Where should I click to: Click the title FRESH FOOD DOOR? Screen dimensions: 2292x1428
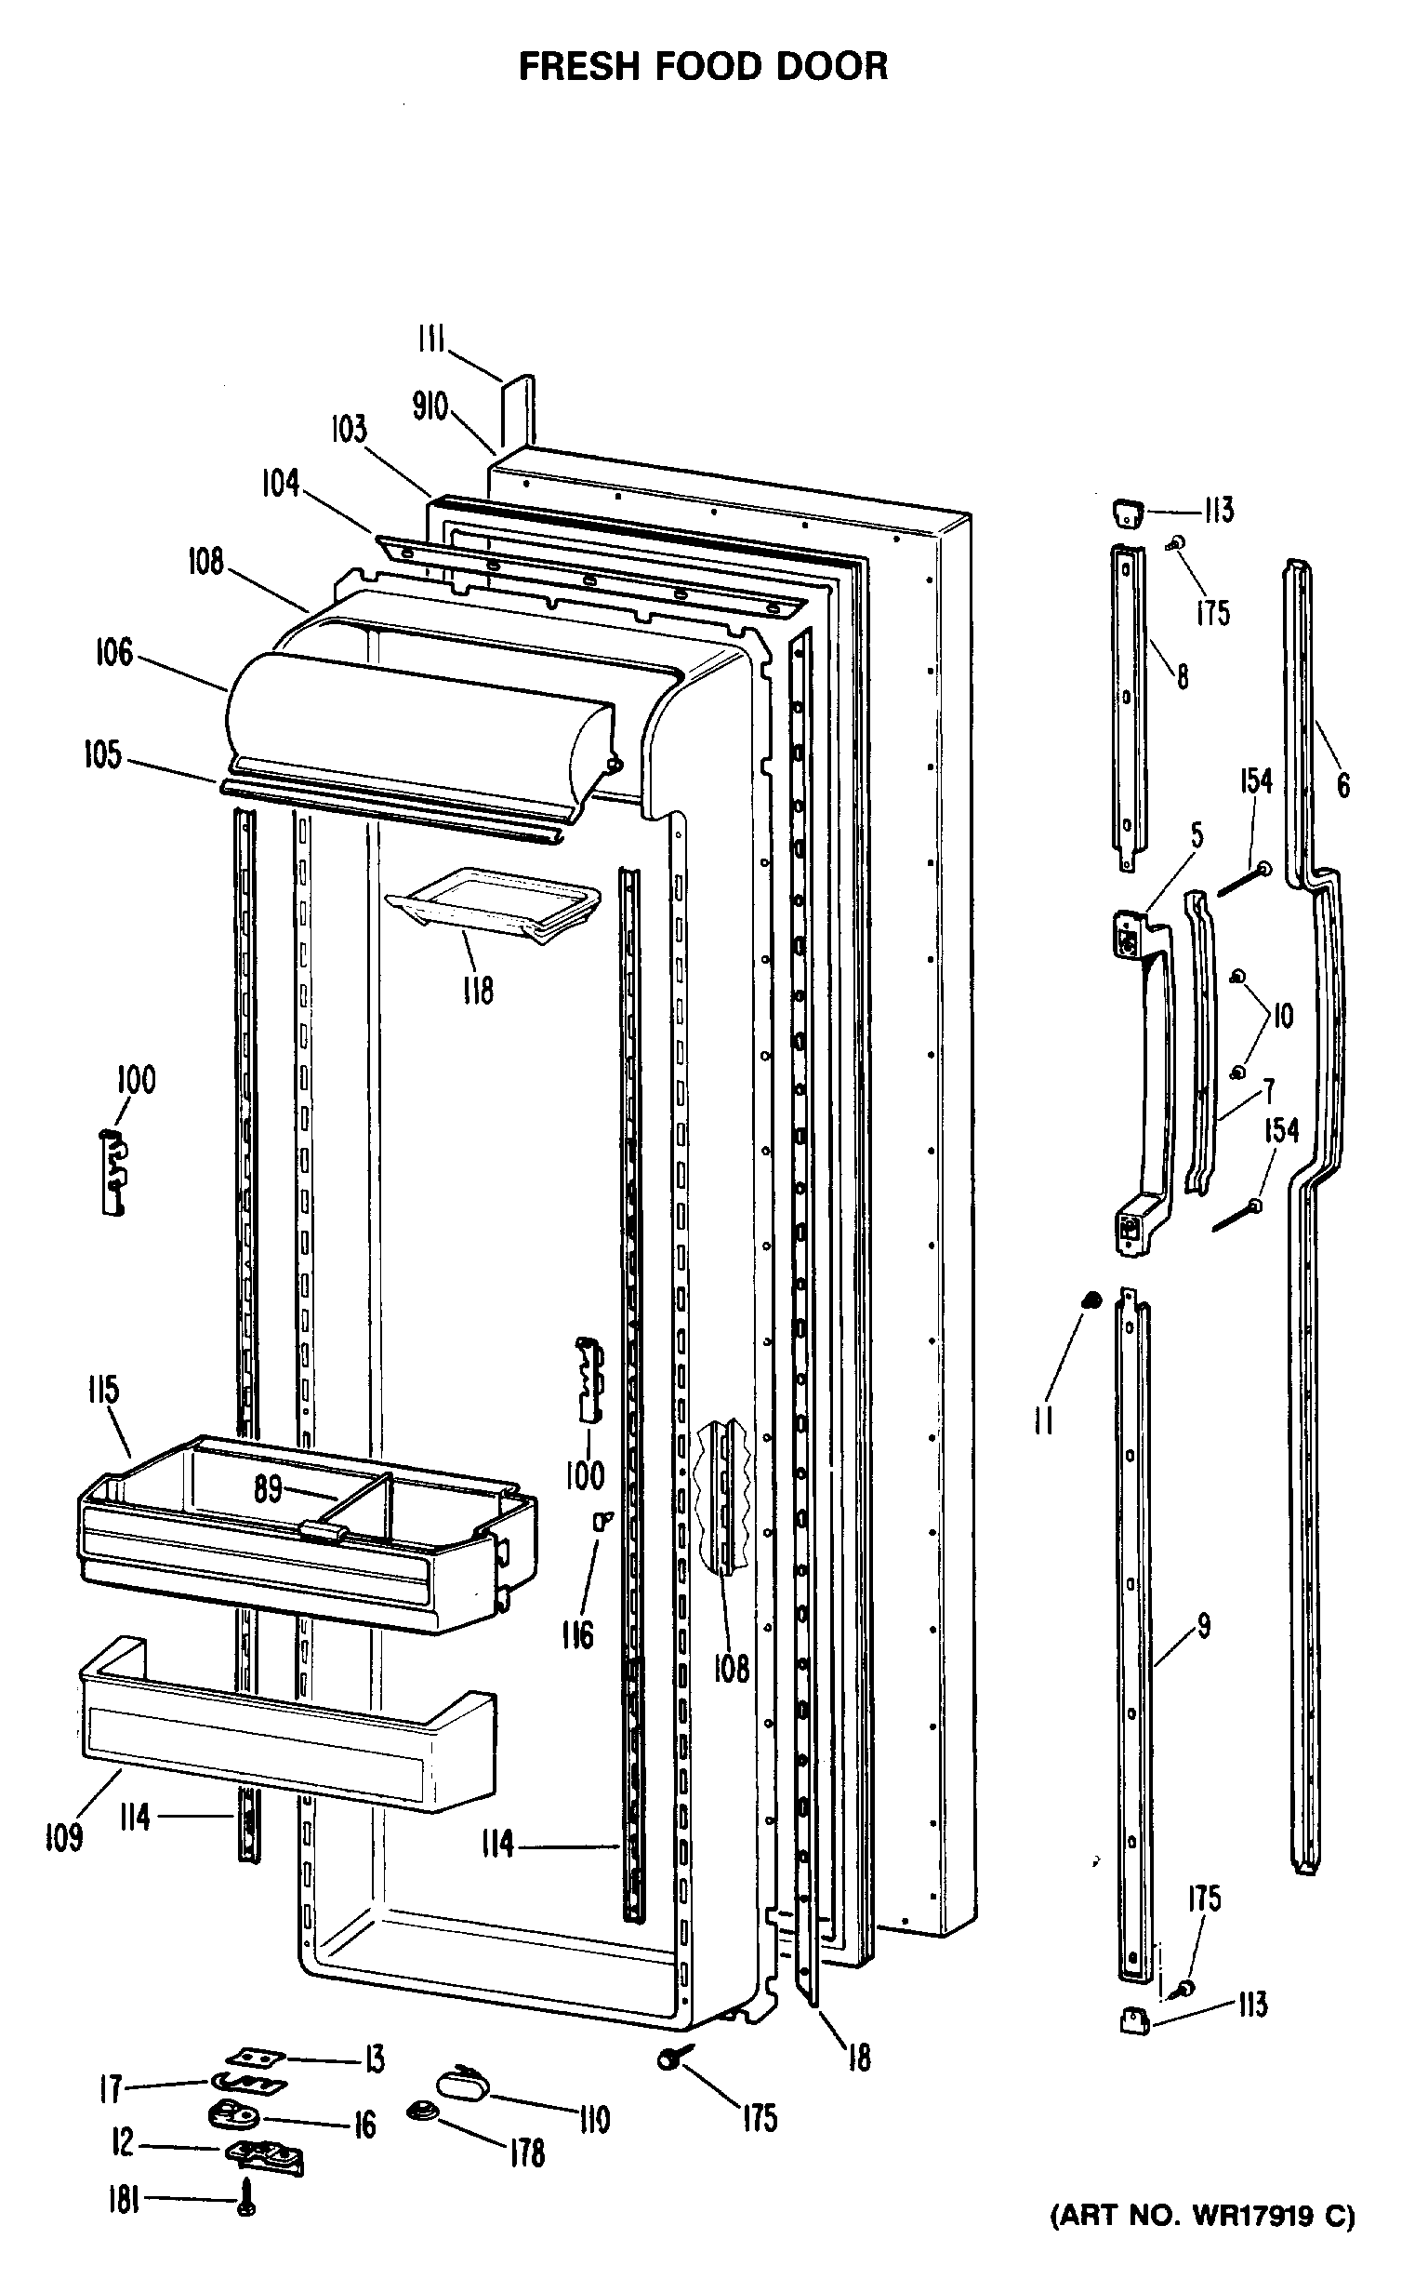coord(703,67)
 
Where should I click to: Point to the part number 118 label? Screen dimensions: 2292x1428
coord(478,991)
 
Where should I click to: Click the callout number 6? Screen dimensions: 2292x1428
coord(1343,784)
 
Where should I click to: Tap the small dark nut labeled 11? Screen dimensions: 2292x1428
coord(1090,1301)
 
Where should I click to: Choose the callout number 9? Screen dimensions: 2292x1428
coord(1203,1626)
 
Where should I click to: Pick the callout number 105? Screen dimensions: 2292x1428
coord(103,755)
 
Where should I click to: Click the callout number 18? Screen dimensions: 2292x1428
coord(858,2057)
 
